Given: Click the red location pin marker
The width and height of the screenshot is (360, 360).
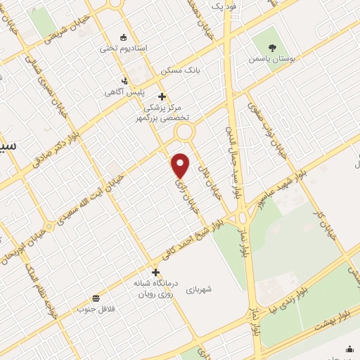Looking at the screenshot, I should (181, 165).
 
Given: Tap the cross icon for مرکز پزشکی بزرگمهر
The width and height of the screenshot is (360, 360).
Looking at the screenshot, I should (162, 96).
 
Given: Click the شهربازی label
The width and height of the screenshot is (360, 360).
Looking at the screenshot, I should (204, 289).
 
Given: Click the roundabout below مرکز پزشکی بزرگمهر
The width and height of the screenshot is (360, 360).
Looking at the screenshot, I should (185, 131).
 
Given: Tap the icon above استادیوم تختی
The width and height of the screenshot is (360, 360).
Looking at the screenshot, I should (124, 37).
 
